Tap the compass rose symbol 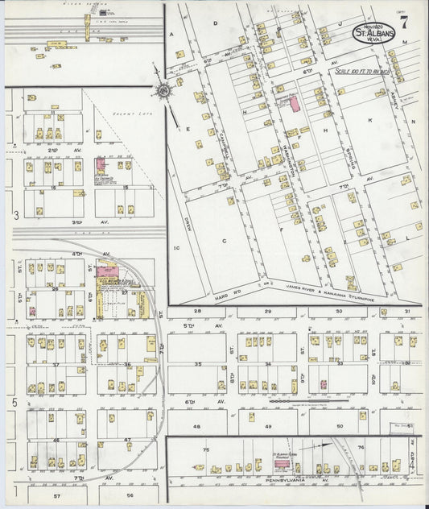pyautogui.click(x=163, y=93)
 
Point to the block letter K pyautogui.click(x=370, y=118)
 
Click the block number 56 pyautogui.click(x=130, y=497)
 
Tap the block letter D pyautogui.click(x=215, y=24)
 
